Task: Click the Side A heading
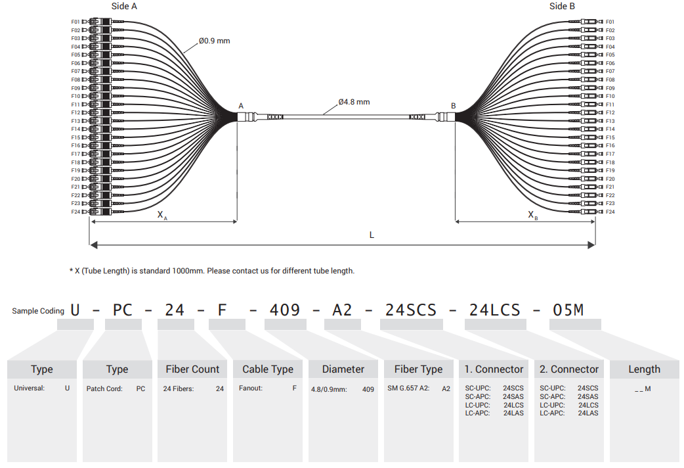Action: [x=124, y=6]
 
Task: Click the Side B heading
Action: [x=562, y=6]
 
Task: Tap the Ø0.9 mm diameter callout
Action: [x=214, y=41]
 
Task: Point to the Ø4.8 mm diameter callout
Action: [x=354, y=102]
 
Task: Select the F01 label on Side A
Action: [x=75, y=22]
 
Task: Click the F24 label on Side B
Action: [x=610, y=212]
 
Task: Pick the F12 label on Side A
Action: [x=75, y=113]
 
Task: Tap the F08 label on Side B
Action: [x=610, y=80]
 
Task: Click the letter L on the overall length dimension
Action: [x=372, y=235]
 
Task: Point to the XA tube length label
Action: [x=162, y=215]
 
